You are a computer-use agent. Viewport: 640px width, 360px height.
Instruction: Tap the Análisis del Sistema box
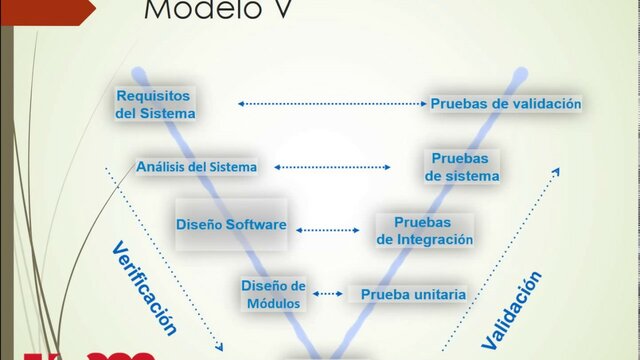197,166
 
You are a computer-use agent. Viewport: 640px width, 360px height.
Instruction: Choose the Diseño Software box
231,225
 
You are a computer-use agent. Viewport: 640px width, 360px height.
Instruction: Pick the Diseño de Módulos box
273,293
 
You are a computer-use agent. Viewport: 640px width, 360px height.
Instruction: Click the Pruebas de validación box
505,103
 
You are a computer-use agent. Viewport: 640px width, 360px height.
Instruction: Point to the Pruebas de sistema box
461,167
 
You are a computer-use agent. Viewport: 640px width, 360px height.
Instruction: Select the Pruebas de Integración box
423,230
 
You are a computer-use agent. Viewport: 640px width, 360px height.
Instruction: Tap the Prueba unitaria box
412,294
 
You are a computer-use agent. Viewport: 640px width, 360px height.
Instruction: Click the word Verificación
144,288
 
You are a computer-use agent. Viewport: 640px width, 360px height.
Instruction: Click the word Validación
511,310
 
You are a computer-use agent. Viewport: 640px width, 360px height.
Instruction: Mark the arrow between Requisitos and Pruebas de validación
331,103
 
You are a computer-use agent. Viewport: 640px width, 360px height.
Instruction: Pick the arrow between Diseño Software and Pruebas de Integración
327,229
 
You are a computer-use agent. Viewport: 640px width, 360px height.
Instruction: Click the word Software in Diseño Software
255,225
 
